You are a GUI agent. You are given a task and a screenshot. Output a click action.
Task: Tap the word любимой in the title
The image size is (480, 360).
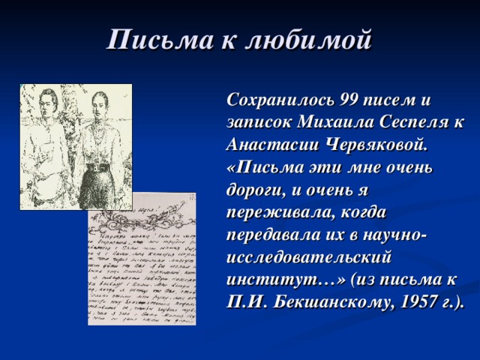(x=313, y=39)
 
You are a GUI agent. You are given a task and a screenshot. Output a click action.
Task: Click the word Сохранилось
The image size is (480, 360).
(x=280, y=100)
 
